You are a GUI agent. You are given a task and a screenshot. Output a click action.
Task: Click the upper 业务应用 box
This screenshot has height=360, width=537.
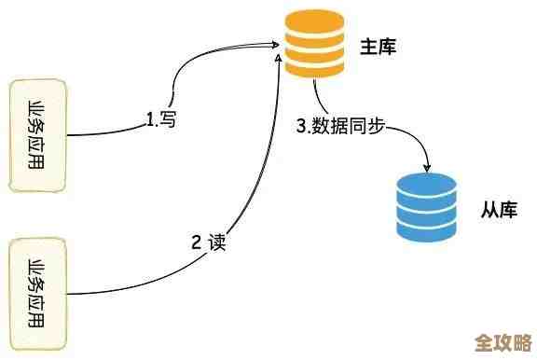coord(38,135)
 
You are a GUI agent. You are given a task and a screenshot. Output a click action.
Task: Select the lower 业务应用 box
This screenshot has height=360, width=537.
coord(38,295)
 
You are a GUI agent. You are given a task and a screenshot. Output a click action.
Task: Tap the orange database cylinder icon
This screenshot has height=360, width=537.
coord(315,45)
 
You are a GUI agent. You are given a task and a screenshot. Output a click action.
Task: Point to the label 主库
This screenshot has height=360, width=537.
coord(379,47)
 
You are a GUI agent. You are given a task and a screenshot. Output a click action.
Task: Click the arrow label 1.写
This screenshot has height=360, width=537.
coord(161,118)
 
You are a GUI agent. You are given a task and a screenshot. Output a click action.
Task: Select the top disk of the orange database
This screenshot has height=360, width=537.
coord(315,21)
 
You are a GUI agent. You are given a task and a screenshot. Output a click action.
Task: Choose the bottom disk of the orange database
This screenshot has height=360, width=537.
coord(315,67)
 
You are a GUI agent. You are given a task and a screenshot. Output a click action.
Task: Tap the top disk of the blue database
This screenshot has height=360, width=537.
coord(428,183)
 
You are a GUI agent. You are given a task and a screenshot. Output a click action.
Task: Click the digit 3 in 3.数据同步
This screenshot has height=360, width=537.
coord(301,127)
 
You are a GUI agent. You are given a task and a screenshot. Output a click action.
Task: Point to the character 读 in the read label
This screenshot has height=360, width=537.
coord(218,243)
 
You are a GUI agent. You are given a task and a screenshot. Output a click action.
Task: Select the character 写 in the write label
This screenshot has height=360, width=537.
coord(169,118)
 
